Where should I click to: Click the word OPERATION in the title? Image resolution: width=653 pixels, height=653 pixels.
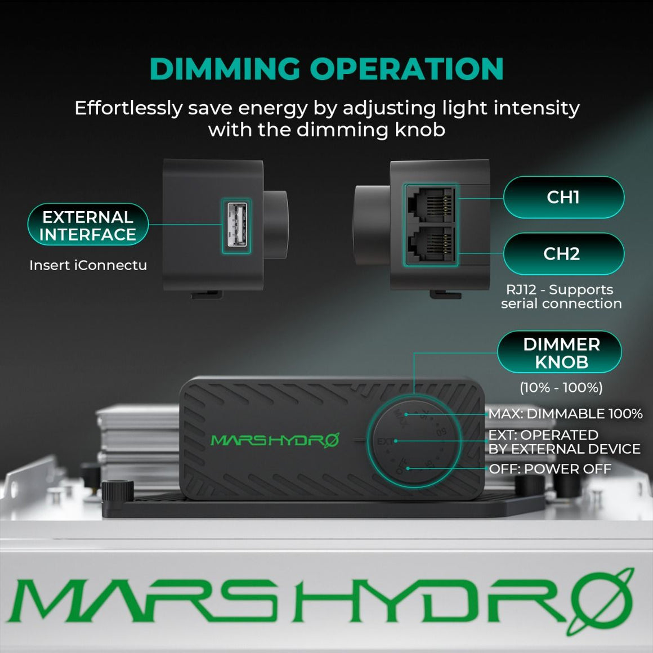(x=406, y=69)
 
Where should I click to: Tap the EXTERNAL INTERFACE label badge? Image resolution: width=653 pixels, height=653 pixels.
(x=88, y=225)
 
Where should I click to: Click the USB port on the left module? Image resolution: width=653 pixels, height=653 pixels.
(x=236, y=225)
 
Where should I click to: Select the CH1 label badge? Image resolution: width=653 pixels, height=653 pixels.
(x=563, y=197)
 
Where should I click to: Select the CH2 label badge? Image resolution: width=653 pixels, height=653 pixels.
(x=563, y=254)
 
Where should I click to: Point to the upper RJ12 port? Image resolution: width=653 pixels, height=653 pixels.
(x=430, y=205)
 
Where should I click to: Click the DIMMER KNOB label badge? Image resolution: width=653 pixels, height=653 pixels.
(x=561, y=352)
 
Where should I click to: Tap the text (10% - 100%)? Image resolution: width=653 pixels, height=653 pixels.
(x=561, y=387)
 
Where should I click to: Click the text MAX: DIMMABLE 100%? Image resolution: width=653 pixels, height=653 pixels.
(x=565, y=414)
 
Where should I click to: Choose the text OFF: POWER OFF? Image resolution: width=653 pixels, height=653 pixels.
(x=550, y=469)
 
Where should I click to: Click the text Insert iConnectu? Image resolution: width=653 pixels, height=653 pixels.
(x=88, y=265)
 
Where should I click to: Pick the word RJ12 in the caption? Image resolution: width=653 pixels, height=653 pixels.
(x=521, y=289)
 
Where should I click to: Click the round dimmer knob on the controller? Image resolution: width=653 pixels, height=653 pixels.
(x=414, y=441)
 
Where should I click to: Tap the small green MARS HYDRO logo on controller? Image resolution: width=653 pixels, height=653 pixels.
(x=275, y=440)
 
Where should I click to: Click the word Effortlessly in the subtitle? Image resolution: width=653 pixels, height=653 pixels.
(x=128, y=108)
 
